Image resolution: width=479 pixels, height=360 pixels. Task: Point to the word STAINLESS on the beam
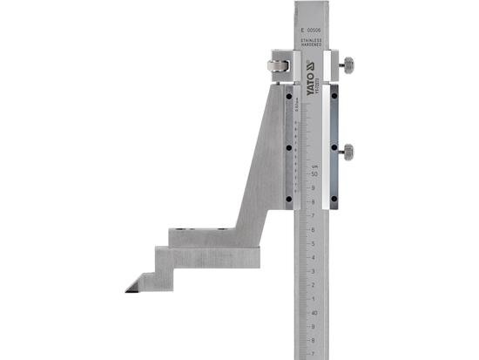pyautogui.click(x=312, y=40)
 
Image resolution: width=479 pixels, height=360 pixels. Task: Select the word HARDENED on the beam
pyautogui.click(x=312, y=46)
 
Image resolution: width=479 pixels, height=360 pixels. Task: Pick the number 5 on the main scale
pyautogui.click(x=312, y=243)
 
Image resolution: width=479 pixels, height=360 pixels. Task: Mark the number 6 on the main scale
pyautogui.click(x=312, y=229)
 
